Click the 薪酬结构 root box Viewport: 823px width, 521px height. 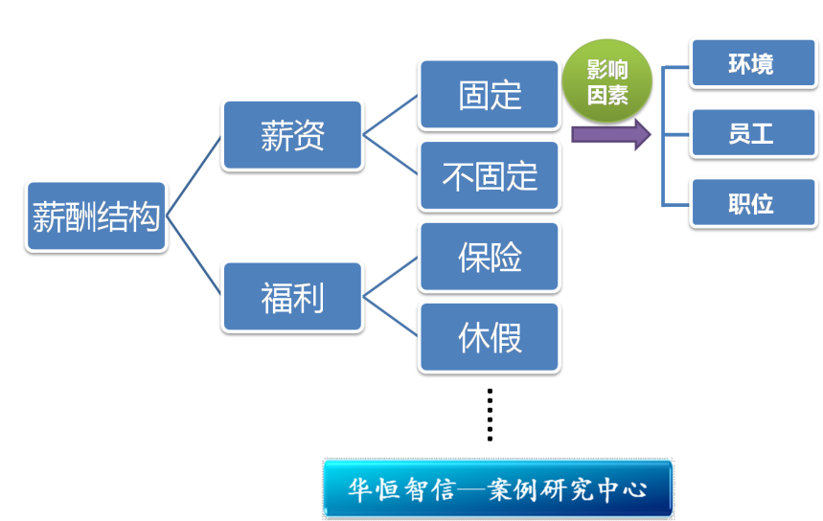[x=96, y=216]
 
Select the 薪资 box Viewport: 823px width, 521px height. [x=292, y=135]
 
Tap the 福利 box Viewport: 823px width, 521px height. [x=292, y=297]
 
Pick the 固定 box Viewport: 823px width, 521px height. [x=489, y=94]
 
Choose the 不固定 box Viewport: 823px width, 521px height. [x=489, y=175]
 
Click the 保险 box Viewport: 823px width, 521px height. [x=489, y=257]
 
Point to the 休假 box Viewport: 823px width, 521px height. [x=489, y=337]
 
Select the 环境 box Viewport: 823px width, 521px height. [x=752, y=63]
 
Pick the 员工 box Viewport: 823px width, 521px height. [x=752, y=133]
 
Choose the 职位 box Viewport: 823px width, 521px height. [x=752, y=202]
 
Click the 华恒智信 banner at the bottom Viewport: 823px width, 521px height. [x=498, y=489]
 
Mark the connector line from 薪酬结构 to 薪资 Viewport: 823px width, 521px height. [x=194, y=176]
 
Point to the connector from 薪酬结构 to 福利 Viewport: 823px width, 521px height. [x=194, y=256]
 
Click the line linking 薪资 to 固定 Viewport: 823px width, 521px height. [x=391, y=115]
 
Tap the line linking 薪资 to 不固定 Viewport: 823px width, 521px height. [x=391, y=155]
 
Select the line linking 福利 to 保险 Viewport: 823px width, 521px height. [x=391, y=277]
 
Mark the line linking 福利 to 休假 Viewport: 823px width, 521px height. [x=391, y=317]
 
